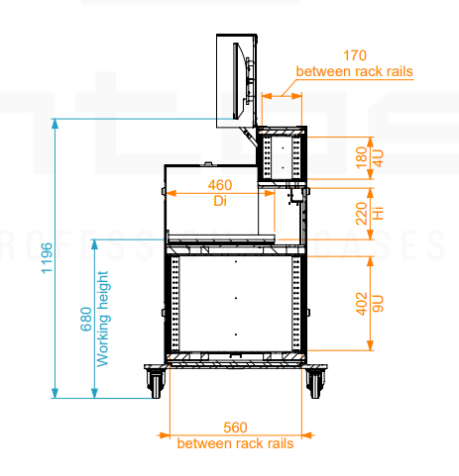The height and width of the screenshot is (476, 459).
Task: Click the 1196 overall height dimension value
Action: click(x=47, y=258)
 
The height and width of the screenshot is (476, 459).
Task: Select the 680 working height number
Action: click(x=86, y=319)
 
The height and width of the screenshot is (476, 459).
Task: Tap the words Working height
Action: click(x=103, y=319)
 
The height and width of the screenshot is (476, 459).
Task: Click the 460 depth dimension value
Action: click(x=220, y=185)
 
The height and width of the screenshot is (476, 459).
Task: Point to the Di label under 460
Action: click(x=220, y=201)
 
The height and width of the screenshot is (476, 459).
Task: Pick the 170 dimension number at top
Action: click(x=355, y=55)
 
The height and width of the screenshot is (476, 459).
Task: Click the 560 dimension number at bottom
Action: click(x=235, y=428)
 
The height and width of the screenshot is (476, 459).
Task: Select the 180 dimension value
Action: click(x=362, y=157)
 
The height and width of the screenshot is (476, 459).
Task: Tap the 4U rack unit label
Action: click(x=378, y=158)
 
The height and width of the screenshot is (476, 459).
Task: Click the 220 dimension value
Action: click(x=362, y=214)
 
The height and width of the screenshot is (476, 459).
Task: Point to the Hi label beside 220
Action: click(x=378, y=214)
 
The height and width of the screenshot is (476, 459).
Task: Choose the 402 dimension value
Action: click(x=362, y=304)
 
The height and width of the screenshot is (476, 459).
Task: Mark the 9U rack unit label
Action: click(x=378, y=304)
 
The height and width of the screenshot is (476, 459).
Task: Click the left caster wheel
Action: click(x=155, y=383)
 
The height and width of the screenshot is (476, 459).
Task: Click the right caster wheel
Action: click(x=314, y=383)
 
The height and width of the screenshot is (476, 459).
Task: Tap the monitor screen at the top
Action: click(x=237, y=81)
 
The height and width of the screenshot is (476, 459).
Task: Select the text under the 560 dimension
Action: click(x=235, y=443)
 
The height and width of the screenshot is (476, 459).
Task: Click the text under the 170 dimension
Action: click(x=355, y=71)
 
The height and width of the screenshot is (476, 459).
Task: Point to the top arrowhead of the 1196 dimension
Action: click(x=56, y=123)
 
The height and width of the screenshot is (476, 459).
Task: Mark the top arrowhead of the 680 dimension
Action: click(x=94, y=244)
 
